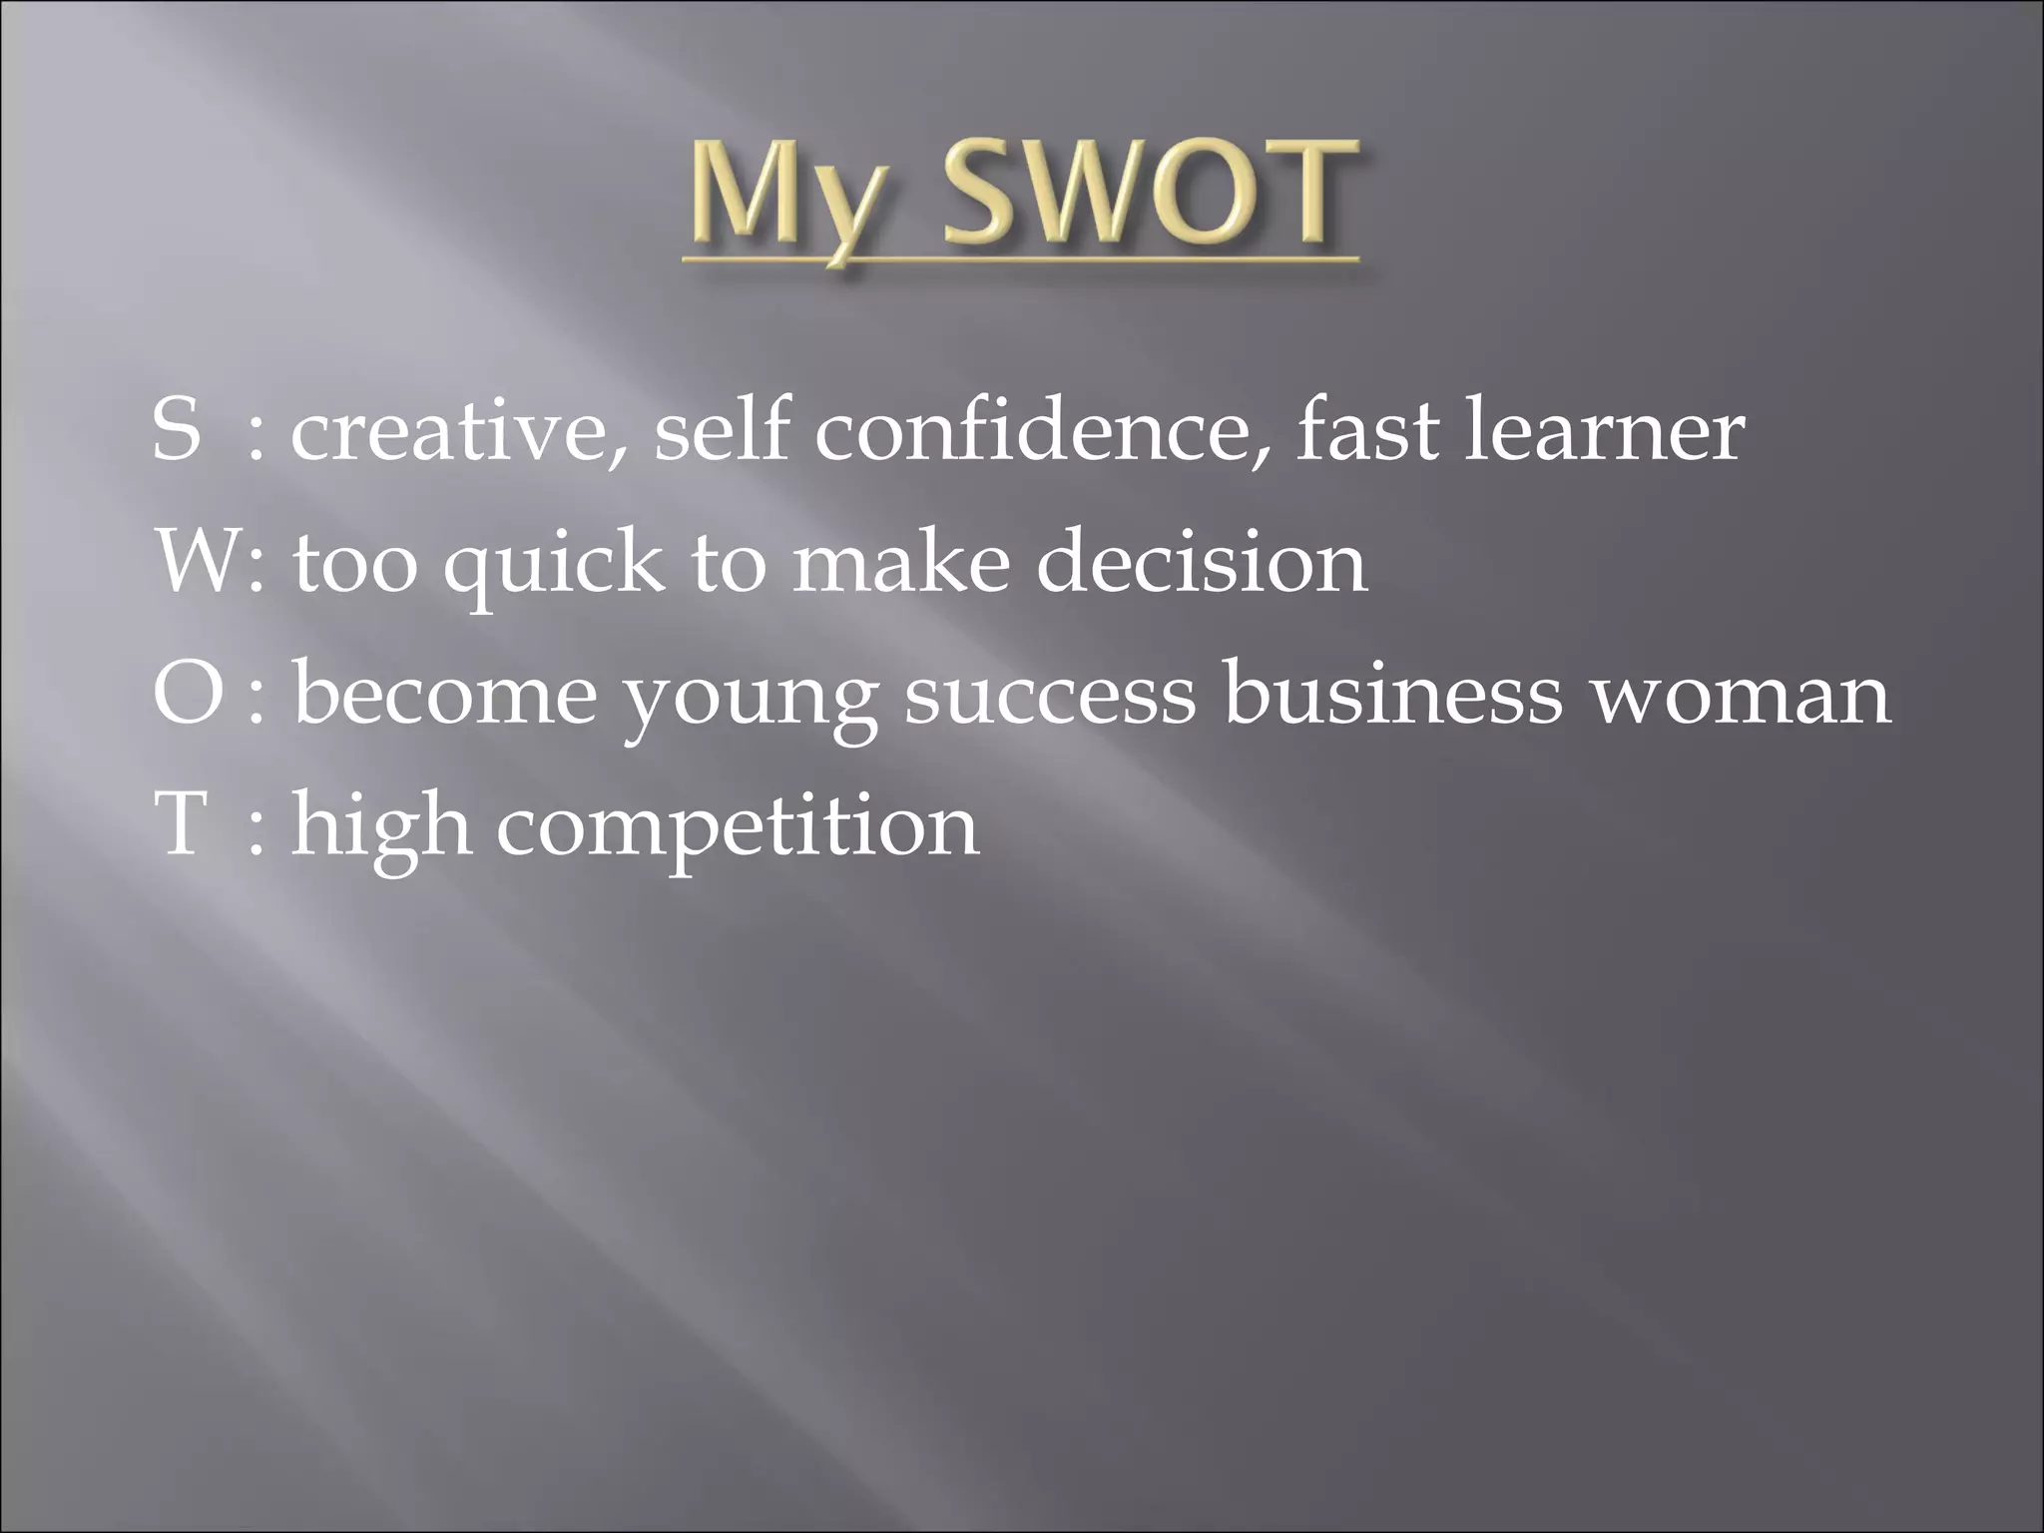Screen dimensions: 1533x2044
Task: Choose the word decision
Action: click(1202, 562)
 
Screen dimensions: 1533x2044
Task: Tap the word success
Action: click(1050, 696)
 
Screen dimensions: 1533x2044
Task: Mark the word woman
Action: click(1741, 696)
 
